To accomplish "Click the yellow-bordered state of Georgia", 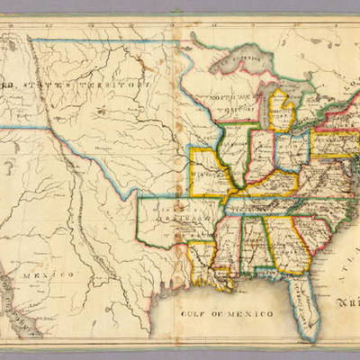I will [x=287, y=243].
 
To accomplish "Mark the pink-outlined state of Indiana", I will [x=262, y=154].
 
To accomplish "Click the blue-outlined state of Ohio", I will [x=292, y=148].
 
